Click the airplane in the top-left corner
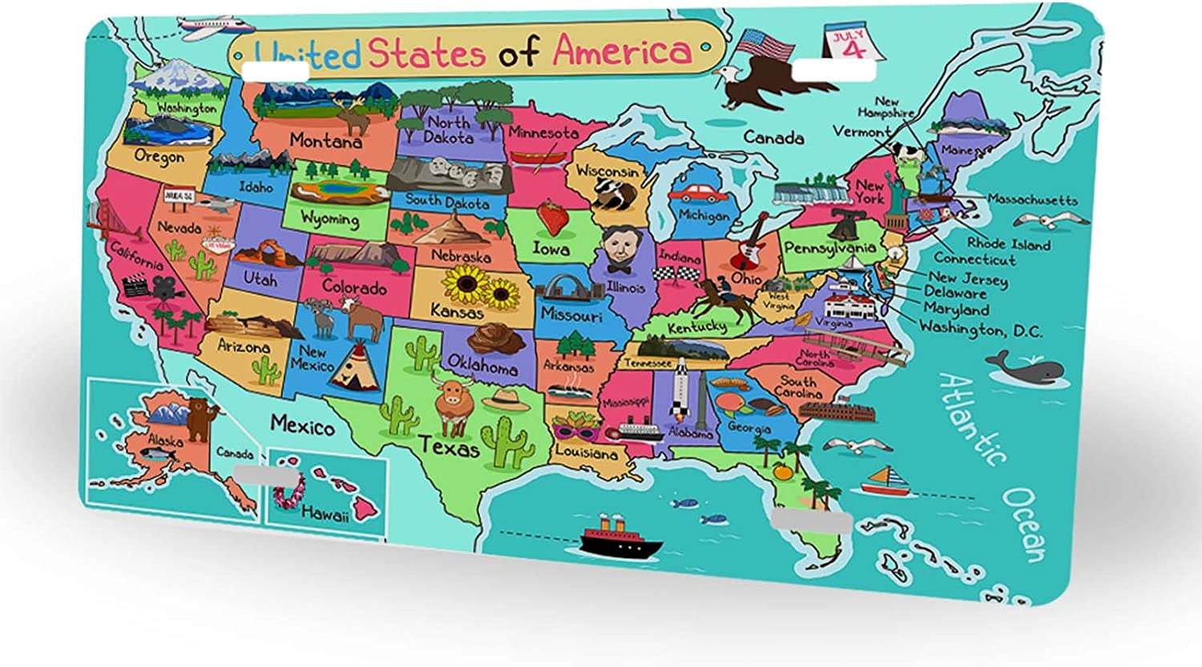coord(207,26)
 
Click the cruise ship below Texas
coord(621,540)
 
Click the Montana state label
coord(325,140)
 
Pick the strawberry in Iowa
coord(551,216)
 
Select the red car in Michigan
coord(697,193)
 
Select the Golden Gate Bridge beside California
coord(104,220)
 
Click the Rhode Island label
coord(1008,244)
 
